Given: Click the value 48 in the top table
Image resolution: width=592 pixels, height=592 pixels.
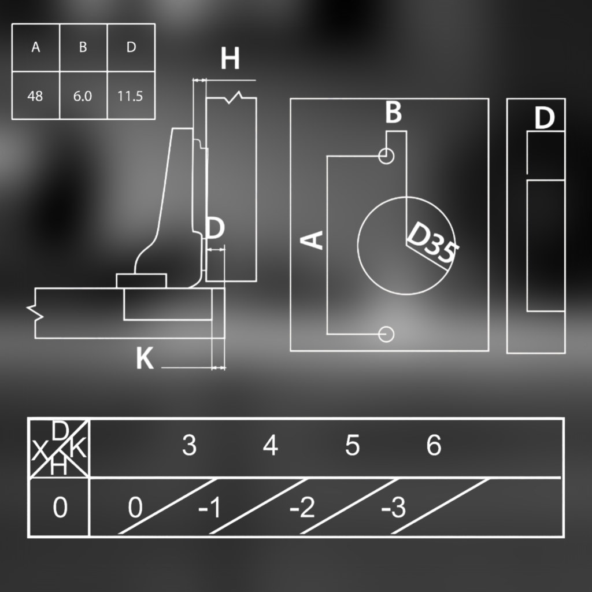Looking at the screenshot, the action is coord(35,97).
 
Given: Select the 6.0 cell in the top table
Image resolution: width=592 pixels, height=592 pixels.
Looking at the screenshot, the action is coord(83,97).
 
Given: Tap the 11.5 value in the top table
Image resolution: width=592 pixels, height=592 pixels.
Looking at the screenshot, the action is coord(130,97).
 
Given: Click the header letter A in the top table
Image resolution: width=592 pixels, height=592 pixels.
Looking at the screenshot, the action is coord(35,47).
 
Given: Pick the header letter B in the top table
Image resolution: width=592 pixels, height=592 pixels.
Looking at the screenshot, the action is coord(83,47).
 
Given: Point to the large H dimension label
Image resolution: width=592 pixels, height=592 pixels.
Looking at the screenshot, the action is coord(230,58).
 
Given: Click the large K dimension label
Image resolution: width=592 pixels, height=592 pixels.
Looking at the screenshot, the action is coord(145,358).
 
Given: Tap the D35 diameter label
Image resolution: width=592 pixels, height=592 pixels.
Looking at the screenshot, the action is coord(432,242).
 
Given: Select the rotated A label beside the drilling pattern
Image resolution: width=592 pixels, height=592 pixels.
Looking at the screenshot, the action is coord(312,240).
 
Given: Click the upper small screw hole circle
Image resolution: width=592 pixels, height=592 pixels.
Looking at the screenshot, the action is coord(386,156).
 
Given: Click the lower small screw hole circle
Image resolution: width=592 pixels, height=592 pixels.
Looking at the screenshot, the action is coord(386,334).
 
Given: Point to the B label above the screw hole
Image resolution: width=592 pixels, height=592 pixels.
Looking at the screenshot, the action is coord(393,112).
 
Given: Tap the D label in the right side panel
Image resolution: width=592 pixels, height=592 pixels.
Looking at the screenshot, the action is coord(545,118).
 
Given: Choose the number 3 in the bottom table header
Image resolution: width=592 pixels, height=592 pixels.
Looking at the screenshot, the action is coord(189,445).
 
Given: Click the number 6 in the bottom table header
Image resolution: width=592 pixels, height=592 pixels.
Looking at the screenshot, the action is coord(434,445).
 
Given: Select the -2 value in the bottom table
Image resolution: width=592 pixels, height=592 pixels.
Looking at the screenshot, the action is coord(302,508).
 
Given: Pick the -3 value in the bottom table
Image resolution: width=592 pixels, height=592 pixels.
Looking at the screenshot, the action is coord(393,508).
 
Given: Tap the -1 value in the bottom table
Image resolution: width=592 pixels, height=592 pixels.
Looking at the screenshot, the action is coord(209,508).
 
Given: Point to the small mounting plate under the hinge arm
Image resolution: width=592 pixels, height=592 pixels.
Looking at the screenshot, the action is coord(141,281).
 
